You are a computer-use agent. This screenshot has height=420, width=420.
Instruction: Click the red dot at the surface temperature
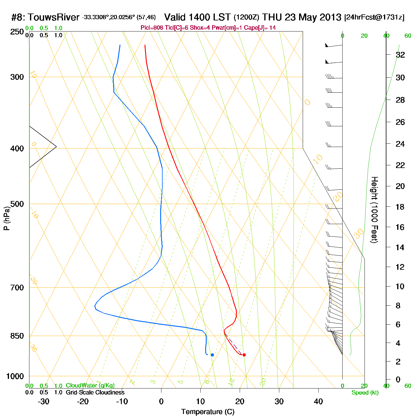pyautogui.click(x=244, y=355)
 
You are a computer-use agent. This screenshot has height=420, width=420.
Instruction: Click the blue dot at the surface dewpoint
pyautogui.click(x=212, y=355)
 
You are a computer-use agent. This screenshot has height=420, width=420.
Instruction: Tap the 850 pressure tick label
pyautogui.click(x=17, y=336)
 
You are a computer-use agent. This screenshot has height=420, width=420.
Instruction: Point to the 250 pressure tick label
pyautogui.click(x=17, y=32)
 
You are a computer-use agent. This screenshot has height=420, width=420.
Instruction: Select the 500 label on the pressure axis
pyautogui.click(x=17, y=204)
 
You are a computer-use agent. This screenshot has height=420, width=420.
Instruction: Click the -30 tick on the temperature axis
pyautogui.click(x=43, y=401)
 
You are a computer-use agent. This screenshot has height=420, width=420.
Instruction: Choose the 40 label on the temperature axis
pyautogui.click(x=318, y=401)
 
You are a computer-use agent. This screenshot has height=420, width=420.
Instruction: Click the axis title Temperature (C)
pyautogui.click(x=208, y=412)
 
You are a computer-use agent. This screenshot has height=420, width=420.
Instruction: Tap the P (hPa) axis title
pyautogui.click(x=7, y=218)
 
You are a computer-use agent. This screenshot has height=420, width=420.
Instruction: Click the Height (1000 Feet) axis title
pyautogui.click(x=374, y=210)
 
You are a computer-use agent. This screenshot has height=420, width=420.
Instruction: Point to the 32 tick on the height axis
pyautogui.click(x=400, y=55)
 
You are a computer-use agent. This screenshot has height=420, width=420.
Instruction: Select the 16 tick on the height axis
pyautogui.click(x=400, y=227)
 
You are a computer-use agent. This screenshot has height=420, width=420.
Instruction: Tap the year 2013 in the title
pyautogui.click(x=330, y=17)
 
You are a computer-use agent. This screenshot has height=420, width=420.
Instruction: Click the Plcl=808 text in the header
pyautogui.click(x=152, y=28)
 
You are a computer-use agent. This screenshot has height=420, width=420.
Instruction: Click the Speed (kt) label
pyautogui.click(x=365, y=393)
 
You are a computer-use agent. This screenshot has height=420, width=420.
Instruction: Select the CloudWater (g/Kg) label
pyautogui.click(x=90, y=385)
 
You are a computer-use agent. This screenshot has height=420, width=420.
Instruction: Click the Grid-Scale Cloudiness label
pyautogui.click(x=95, y=392)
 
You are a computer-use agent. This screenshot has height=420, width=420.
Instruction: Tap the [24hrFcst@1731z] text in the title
pyautogui.click(x=374, y=17)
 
